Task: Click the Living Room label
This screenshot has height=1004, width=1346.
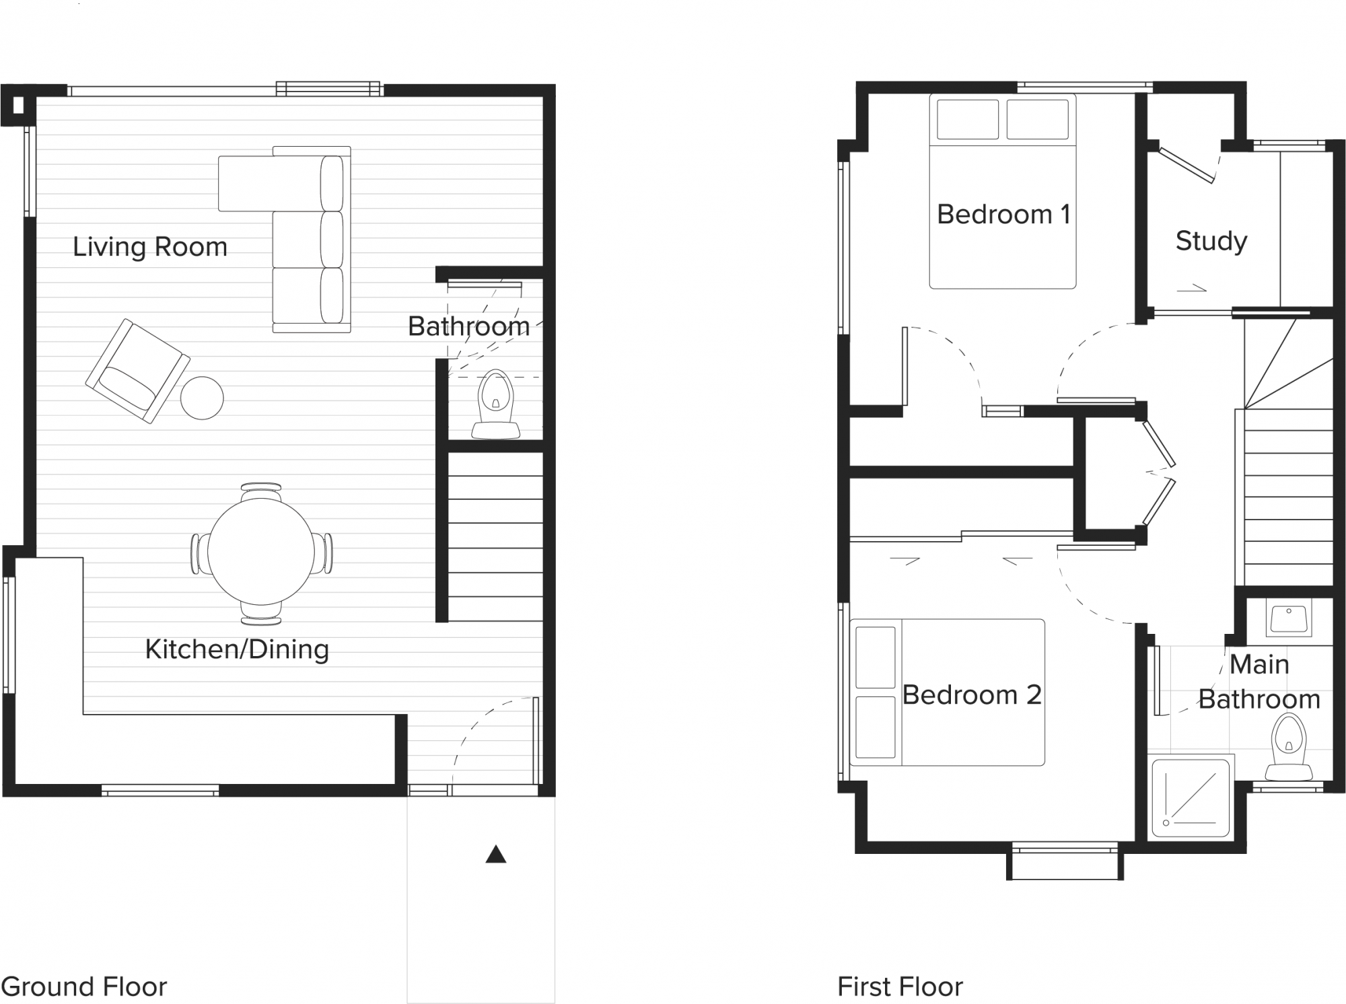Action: (x=150, y=247)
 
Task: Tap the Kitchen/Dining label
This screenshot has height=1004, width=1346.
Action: (x=237, y=649)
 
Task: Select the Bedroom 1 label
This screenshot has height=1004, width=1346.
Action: (x=1003, y=215)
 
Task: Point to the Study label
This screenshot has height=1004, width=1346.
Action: (x=1211, y=241)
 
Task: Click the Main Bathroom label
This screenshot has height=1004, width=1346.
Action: (x=1259, y=682)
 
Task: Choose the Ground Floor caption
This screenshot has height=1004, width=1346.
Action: (x=83, y=987)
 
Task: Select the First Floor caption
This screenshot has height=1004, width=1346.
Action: (x=900, y=987)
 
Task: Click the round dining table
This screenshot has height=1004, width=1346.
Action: (x=261, y=552)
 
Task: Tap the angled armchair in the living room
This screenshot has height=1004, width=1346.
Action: (x=137, y=371)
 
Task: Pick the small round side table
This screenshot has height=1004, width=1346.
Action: (x=202, y=398)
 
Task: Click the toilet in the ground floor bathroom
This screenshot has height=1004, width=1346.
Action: (x=496, y=404)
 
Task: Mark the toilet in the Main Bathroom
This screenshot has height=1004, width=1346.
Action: (x=1289, y=748)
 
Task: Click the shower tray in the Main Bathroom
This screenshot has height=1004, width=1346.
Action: (x=1191, y=797)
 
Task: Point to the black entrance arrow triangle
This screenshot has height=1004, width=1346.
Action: (x=496, y=855)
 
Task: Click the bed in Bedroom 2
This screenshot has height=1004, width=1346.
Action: (x=948, y=692)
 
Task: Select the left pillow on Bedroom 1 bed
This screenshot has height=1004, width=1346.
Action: (x=967, y=120)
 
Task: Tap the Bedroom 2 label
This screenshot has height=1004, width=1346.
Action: (x=972, y=695)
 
